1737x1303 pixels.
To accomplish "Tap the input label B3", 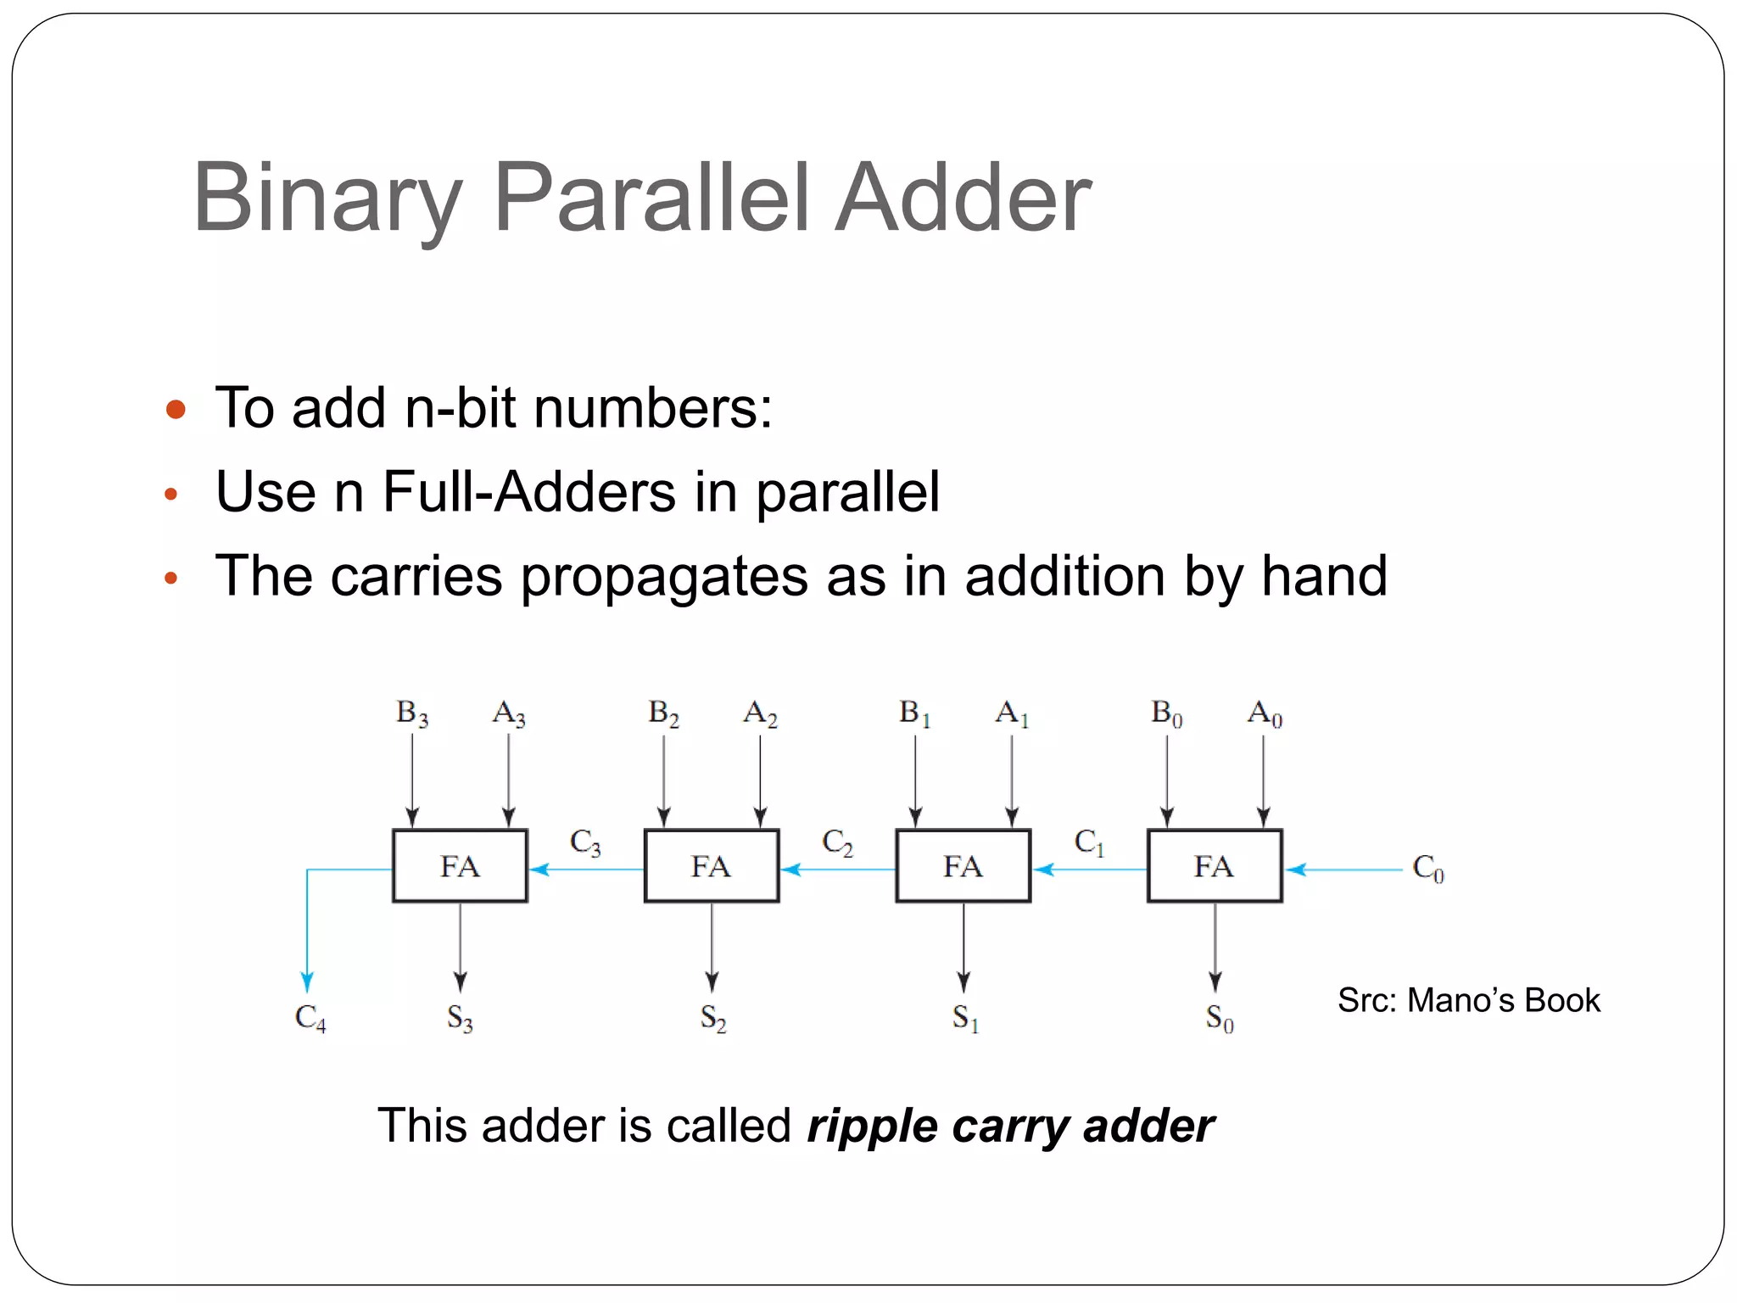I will click(x=412, y=713).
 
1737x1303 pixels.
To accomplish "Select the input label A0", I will click(x=1265, y=713).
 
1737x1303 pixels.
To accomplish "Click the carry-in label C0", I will click(x=1427, y=868).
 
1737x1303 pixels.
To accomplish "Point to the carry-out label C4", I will click(x=310, y=1017).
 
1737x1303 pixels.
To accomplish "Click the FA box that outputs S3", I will click(x=460, y=866).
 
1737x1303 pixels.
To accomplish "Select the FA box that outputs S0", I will click(x=1215, y=866).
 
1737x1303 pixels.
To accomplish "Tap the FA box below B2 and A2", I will click(x=712, y=866).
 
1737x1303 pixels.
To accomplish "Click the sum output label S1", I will click(x=965, y=1017).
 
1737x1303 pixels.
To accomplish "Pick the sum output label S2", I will click(x=713, y=1017).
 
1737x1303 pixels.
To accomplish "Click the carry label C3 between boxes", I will click(x=585, y=842).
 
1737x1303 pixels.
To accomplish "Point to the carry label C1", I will click(x=1089, y=842).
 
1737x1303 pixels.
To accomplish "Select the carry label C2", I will click(x=837, y=842).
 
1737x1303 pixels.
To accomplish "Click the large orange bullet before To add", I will click(x=176, y=410).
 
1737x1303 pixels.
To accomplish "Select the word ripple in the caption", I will click(x=871, y=1127).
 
